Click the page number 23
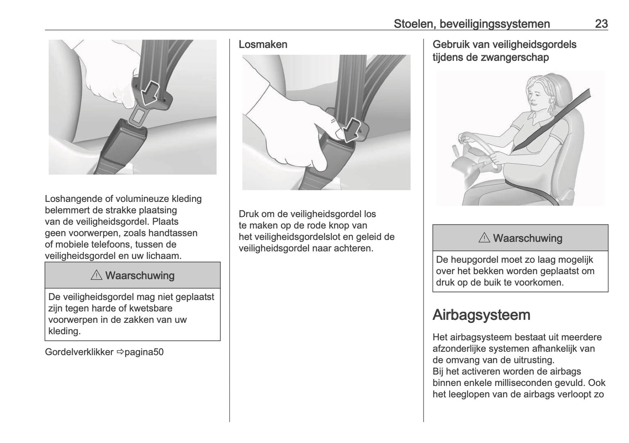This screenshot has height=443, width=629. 601,23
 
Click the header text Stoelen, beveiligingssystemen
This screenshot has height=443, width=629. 471,23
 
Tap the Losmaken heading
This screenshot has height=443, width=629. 263,44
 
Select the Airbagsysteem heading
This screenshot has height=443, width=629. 481,315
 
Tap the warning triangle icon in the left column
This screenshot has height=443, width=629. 96,275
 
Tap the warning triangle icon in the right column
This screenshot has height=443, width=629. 484,238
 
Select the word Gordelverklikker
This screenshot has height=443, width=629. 79,352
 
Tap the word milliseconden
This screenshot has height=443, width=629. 548,383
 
